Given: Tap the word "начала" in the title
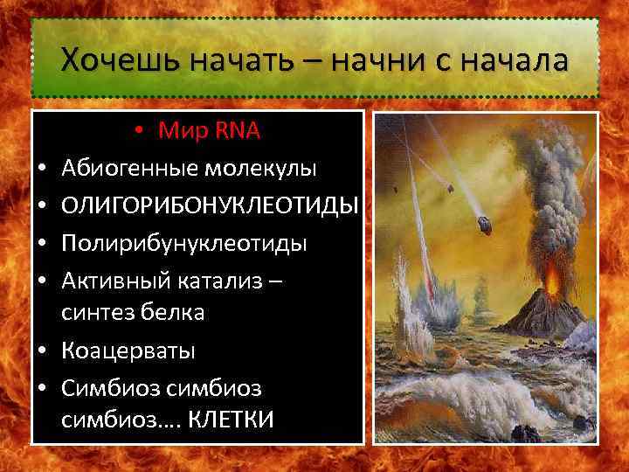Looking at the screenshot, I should coord(513,61).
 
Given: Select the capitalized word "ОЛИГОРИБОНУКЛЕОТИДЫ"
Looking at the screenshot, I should coord(211,205).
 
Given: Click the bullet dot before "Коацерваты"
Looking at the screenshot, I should coord(43,351).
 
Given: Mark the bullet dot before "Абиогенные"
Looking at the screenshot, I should coord(43,168).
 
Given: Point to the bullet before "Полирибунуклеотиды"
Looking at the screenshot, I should coord(43,242).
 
